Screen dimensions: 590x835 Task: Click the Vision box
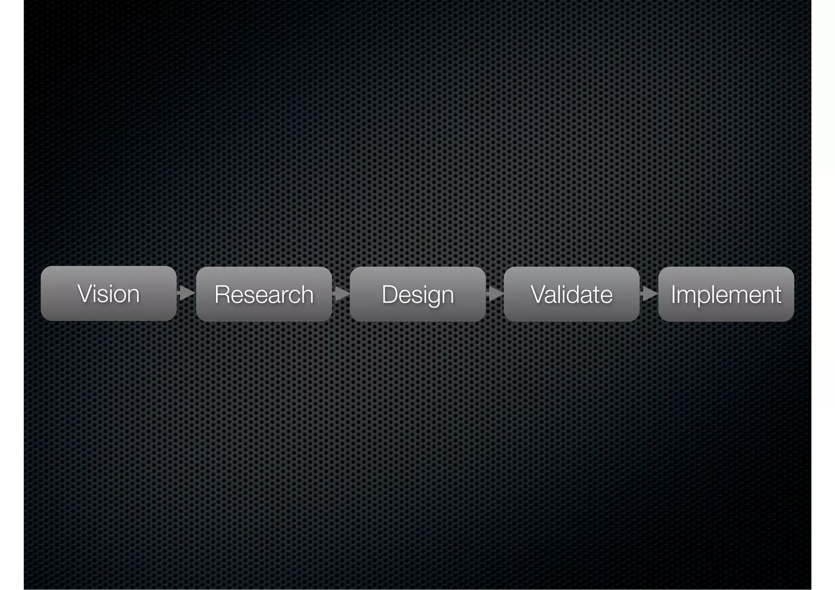pos(108,293)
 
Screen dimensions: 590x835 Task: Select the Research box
pos(264,294)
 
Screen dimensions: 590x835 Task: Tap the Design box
pos(417,294)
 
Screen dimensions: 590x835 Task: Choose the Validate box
pos(571,294)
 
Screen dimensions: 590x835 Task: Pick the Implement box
pos(726,294)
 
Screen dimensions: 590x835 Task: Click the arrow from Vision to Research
pos(186,293)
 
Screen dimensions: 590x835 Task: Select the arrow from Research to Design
pos(341,293)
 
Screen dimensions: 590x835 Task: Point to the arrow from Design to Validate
pos(495,293)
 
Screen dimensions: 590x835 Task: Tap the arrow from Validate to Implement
pos(649,293)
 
